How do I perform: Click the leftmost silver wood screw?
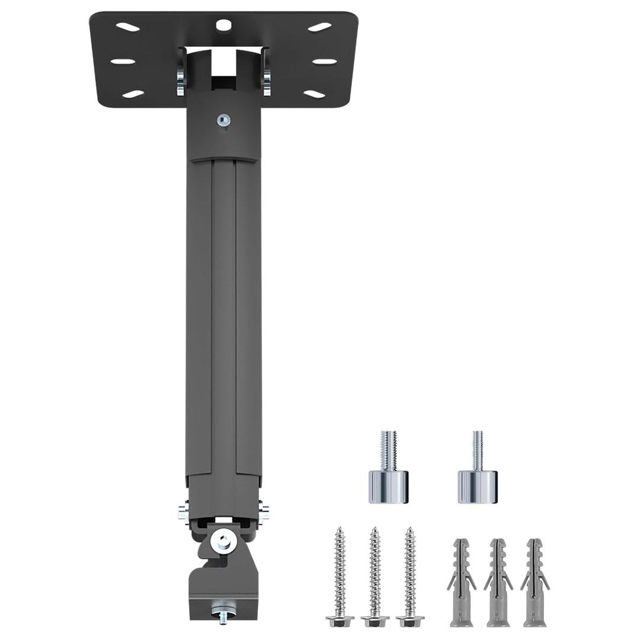(x=340, y=575)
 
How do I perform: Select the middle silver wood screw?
(x=375, y=575)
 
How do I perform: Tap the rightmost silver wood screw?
(x=409, y=575)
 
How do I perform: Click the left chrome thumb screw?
(x=389, y=474)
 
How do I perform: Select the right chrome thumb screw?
(x=477, y=474)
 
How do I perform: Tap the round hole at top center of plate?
(x=223, y=25)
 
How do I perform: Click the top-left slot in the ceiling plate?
(x=127, y=27)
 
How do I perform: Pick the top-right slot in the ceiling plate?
(x=319, y=27)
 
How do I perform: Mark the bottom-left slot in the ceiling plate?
(x=133, y=94)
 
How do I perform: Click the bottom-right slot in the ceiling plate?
(x=315, y=94)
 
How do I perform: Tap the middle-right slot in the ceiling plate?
(x=324, y=61)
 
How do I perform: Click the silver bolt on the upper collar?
(x=223, y=120)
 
